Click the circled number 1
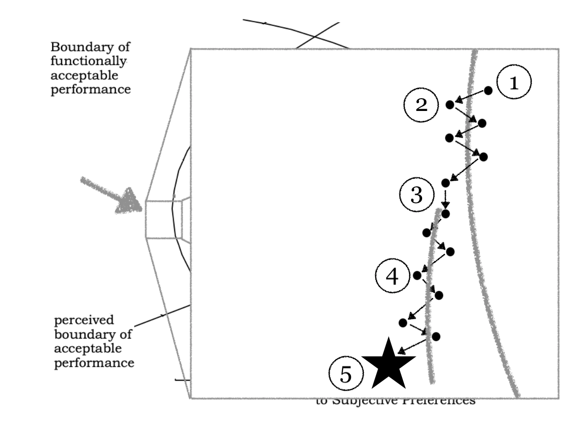coord(514,83)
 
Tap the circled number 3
coord(416,195)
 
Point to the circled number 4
coord(392,276)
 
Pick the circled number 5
coord(346,376)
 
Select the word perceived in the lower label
coord(77,321)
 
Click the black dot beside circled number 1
coord(488,90)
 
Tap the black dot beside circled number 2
coord(450,105)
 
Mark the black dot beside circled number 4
coord(417,275)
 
